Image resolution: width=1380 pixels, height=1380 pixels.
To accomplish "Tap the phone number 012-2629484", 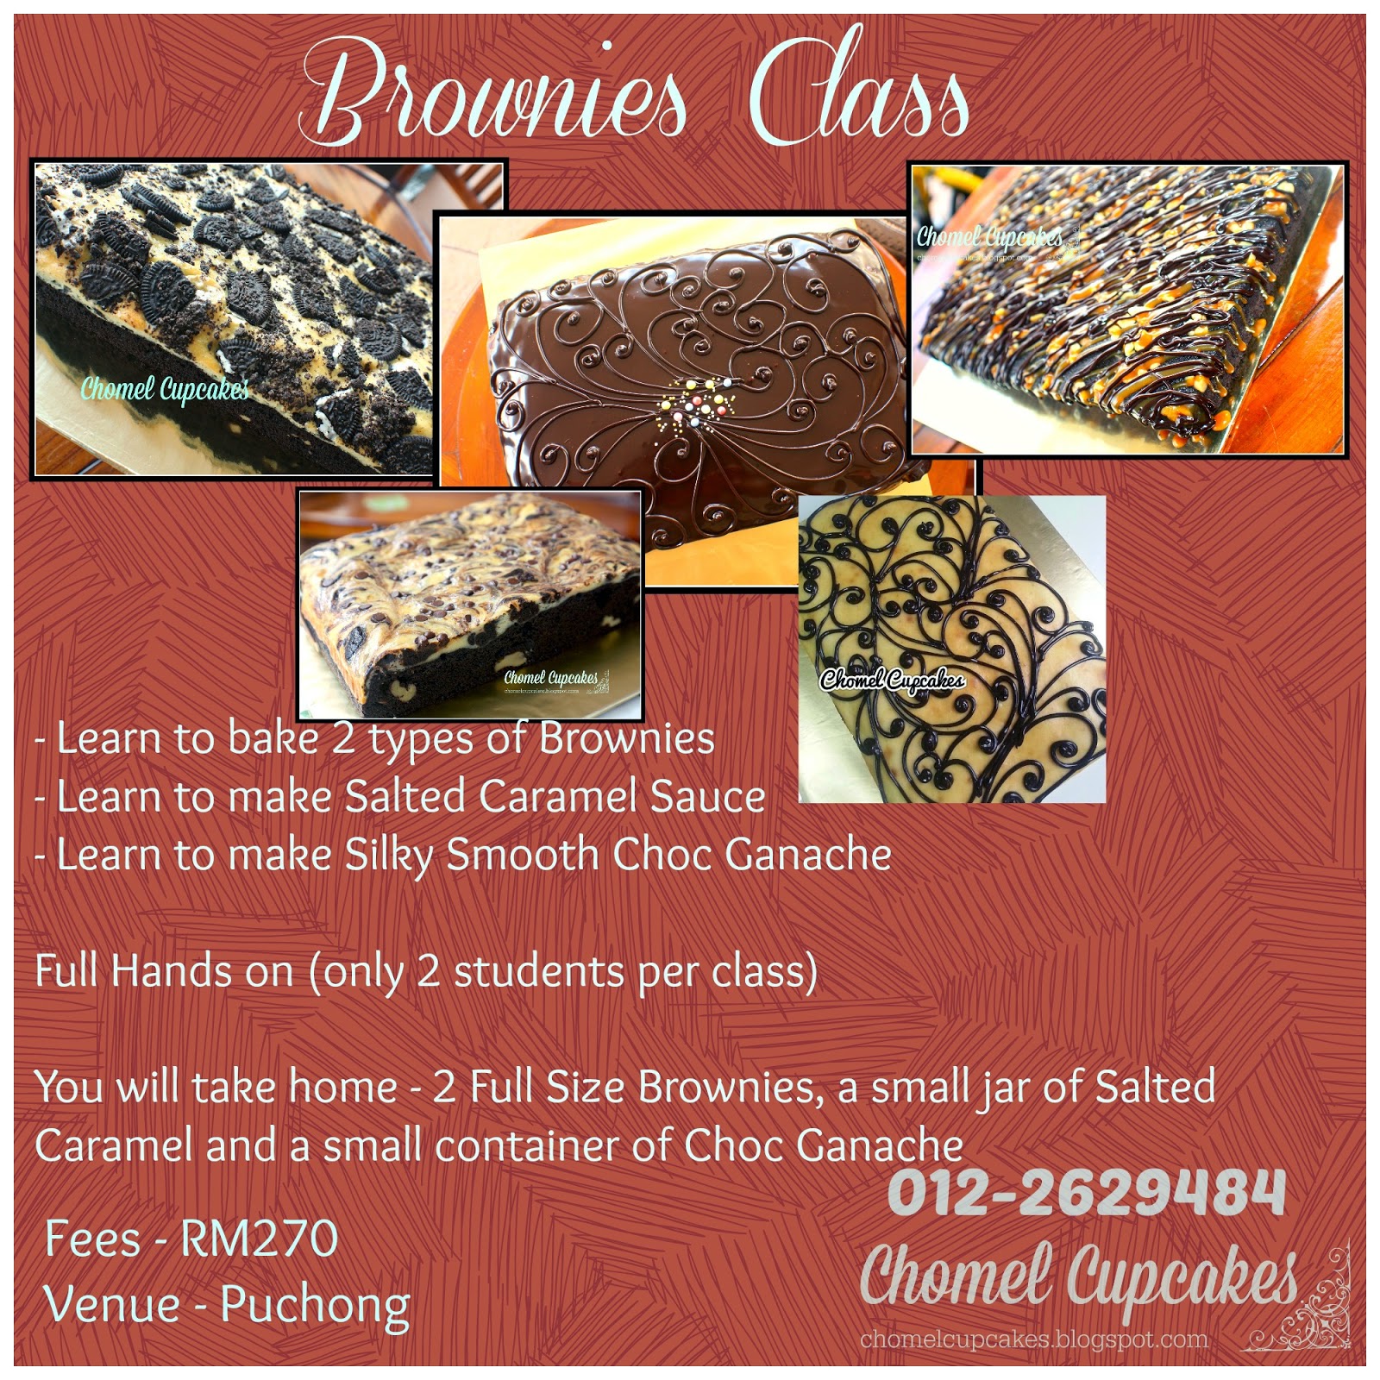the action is coord(1086,1193).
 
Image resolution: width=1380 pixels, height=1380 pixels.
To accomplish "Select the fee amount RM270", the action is coord(259,1239).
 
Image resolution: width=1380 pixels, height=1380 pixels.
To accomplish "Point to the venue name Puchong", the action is coord(316,1307).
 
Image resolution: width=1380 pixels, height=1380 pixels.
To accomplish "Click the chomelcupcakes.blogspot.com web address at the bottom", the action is coord(1034,1339).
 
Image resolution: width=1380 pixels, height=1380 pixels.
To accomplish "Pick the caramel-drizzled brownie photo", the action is coord(1129,308).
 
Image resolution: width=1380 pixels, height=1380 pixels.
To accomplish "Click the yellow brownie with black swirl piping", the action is coord(951,649).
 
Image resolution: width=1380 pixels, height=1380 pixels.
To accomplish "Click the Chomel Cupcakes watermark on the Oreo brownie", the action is coord(164,390).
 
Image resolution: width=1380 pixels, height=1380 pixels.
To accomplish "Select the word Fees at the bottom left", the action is coord(92,1239).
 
